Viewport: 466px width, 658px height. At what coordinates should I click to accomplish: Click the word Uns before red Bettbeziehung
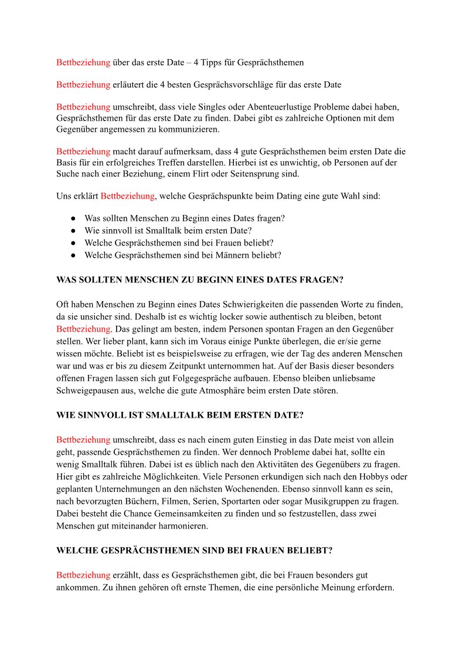click(63, 196)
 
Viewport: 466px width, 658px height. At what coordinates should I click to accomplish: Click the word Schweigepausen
click(87, 391)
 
